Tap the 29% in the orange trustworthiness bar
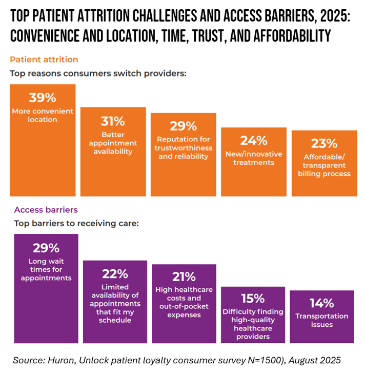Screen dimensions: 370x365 tap(184, 126)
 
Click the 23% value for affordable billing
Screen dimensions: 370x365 tap(323, 143)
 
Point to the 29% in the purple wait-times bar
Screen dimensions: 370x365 tap(46, 248)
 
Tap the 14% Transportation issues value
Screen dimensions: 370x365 tap(321, 303)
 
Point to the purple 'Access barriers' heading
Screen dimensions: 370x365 tap(46, 210)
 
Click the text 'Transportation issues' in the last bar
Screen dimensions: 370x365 tap(321, 320)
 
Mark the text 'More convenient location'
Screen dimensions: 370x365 tap(43, 115)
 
